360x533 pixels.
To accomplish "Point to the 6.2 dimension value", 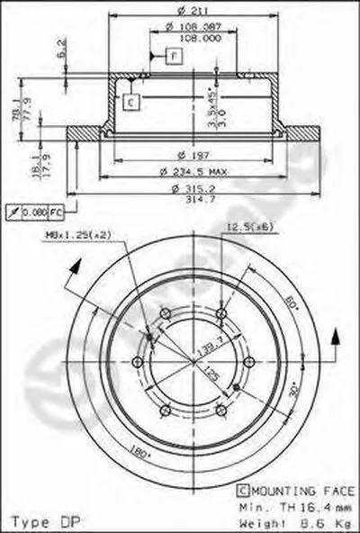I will (x=61, y=46).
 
